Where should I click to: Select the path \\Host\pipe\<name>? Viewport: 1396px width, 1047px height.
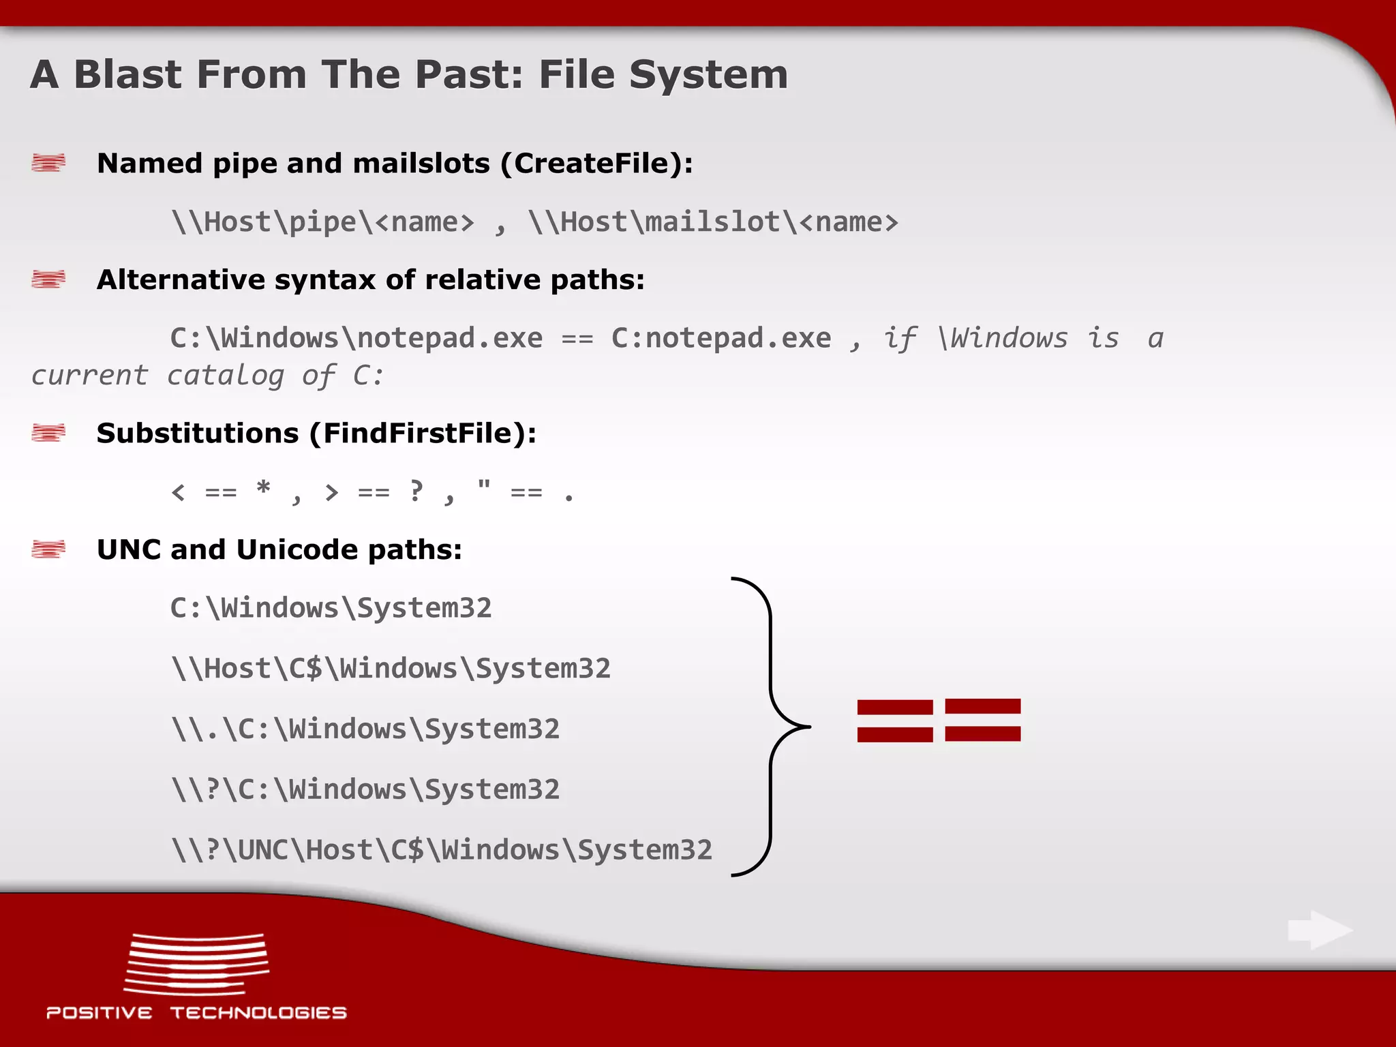(322, 222)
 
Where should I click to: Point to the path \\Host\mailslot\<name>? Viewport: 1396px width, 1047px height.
(713, 222)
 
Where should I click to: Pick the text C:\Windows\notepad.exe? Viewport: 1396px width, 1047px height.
(356, 338)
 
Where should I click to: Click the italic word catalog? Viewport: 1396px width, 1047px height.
(225, 376)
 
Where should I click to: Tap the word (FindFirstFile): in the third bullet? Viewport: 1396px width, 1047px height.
(423, 434)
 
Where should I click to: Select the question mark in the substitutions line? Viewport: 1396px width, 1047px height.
(416, 491)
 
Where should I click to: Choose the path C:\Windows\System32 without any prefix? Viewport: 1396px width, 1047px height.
(331, 608)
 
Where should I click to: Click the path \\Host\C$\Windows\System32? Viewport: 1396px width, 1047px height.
(391, 669)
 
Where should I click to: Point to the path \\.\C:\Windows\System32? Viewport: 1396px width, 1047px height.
(365, 729)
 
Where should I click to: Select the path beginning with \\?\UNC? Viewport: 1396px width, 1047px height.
(442, 851)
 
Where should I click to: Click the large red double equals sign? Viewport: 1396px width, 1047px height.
(939, 720)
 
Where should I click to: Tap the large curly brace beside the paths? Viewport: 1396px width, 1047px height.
(772, 727)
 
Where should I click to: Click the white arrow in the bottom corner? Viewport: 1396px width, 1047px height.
(1320, 930)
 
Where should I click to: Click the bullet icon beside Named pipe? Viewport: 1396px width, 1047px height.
(48, 163)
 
